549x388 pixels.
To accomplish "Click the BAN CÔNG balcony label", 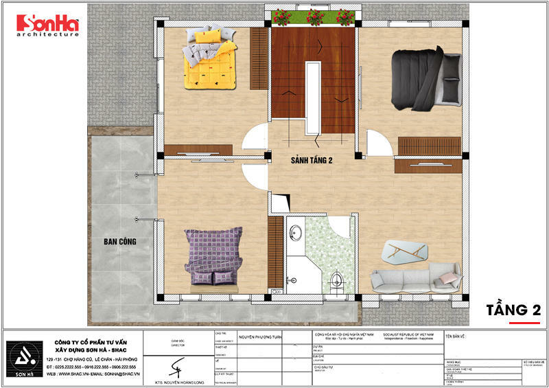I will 120,241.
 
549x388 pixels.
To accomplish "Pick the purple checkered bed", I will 213,255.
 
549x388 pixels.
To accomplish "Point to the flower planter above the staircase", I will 312,18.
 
